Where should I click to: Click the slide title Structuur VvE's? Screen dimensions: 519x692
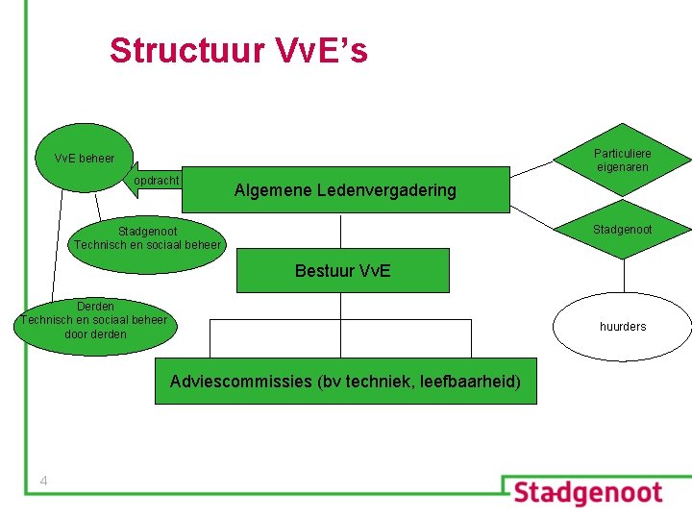(238, 50)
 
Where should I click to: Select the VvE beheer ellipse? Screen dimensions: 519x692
(85, 158)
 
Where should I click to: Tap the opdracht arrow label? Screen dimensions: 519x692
(157, 181)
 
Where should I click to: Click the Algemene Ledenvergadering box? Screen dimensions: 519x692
(345, 190)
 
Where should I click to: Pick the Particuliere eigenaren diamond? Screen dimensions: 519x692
(622, 161)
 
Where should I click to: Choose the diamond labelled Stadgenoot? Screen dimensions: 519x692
(622, 230)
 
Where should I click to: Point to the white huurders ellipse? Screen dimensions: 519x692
(623, 327)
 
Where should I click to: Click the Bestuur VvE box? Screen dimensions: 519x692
(342, 271)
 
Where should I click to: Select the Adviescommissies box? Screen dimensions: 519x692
(345, 382)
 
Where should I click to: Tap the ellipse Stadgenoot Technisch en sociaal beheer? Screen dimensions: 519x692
(147, 237)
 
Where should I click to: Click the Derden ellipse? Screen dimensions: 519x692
(94, 320)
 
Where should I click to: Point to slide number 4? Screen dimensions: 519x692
(44, 481)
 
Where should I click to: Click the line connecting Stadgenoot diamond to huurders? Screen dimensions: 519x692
(624, 277)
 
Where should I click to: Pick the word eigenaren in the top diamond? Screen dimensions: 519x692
(622, 167)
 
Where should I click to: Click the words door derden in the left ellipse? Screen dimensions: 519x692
(95, 334)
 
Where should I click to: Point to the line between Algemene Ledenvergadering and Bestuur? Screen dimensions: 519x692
(341, 231)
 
